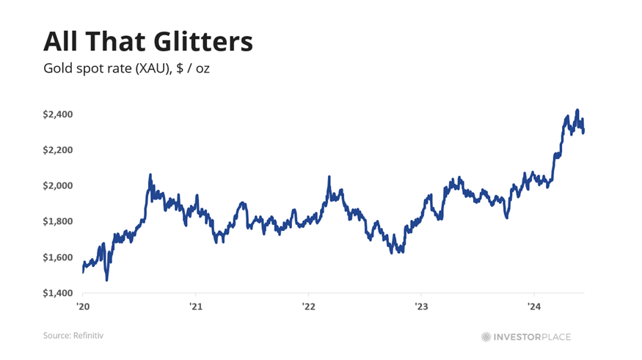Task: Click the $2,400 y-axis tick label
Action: [58, 114]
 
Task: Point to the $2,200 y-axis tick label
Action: [58, 150]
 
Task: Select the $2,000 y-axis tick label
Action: [58, 185]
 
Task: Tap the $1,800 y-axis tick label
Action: [58, 221]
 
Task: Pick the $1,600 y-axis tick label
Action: [58, 257]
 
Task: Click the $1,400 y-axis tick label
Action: [58, 293]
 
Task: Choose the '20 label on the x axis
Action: [83, 306]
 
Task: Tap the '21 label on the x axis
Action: [196, 306]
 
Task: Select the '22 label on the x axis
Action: [308, 306]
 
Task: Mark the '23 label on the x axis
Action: [421, 306]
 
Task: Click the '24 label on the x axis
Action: [534, 306]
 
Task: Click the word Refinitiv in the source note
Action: [88, 336]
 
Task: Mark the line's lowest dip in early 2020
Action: [107, 280]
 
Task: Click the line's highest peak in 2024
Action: [577, 110]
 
